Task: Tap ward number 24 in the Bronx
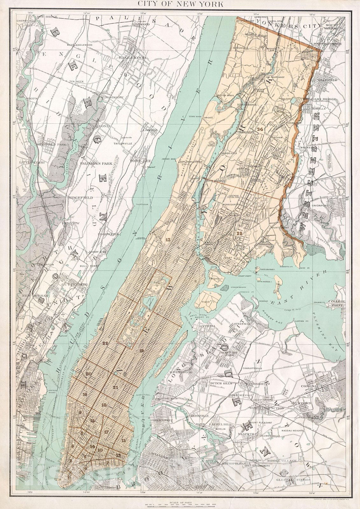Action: point(260,129)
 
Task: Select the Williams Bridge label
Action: point(320,100)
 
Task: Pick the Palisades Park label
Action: point(97,164)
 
